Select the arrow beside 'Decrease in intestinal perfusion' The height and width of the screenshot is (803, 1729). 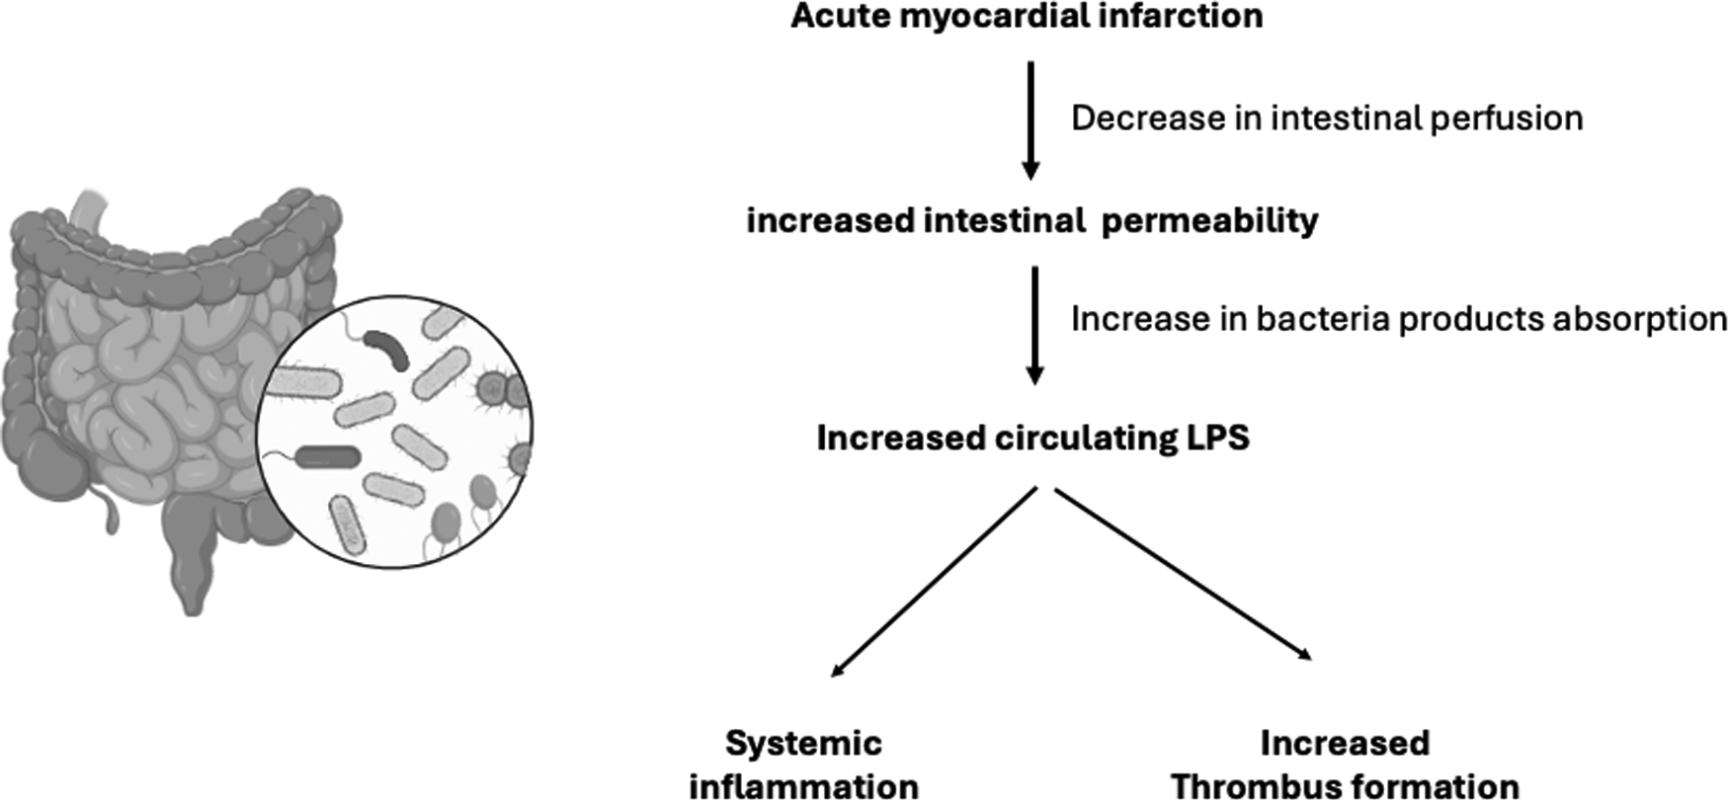coord(1030,120)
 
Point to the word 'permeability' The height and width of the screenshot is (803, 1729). coord(1209,220)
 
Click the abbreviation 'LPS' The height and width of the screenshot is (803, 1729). coord(1217,438)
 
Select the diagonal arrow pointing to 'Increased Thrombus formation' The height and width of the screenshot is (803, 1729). coord(1184,574)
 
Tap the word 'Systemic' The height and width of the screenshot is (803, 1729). coord(803,743)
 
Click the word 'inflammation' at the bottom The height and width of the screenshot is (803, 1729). coord(803,787)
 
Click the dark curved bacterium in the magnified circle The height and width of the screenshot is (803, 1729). coord(386,349)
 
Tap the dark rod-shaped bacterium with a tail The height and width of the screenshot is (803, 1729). coord(328,456)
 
